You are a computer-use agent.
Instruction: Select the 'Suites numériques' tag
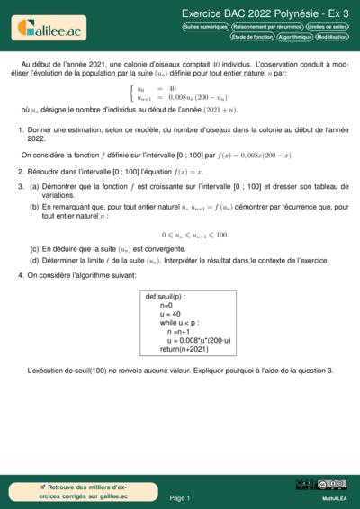[205, 28]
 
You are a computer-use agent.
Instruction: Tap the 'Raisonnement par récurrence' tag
[266, 28]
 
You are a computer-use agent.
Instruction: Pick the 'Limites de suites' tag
[327, 28]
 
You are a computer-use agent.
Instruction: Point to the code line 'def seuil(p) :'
[166, 296]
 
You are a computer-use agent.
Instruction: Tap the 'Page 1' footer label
[180, 497]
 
